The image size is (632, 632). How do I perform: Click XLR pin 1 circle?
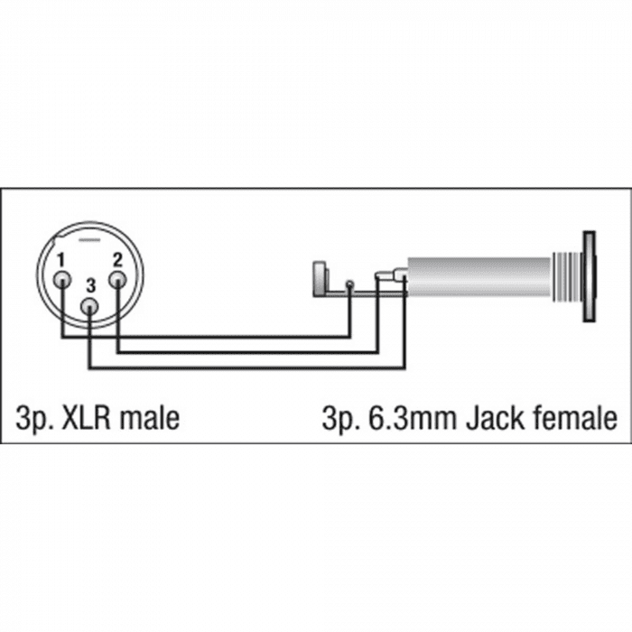(x=62, y=279)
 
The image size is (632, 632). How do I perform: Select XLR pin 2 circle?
(x=117, y=279)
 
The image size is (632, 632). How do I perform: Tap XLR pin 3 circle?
(x=90, y=307)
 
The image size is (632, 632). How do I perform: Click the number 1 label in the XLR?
(x=60, y=260)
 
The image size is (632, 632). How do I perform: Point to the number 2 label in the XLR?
(x=117, y=260)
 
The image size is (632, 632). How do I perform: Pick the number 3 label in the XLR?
(x=91, y=286)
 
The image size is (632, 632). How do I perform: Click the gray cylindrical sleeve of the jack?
(x=479, y=277)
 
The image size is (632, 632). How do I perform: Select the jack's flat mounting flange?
(x=589, y=276)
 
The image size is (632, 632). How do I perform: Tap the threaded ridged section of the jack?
(x=567, y=276)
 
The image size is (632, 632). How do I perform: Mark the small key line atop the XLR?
(x=89, y=241)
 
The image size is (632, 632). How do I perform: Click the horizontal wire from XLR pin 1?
(x=206, y=336)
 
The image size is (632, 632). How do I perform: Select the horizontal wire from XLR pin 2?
(x=248, y=352)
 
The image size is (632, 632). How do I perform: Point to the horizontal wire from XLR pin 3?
(x=247, y=367)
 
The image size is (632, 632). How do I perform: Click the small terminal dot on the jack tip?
(x=350, y=284)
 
